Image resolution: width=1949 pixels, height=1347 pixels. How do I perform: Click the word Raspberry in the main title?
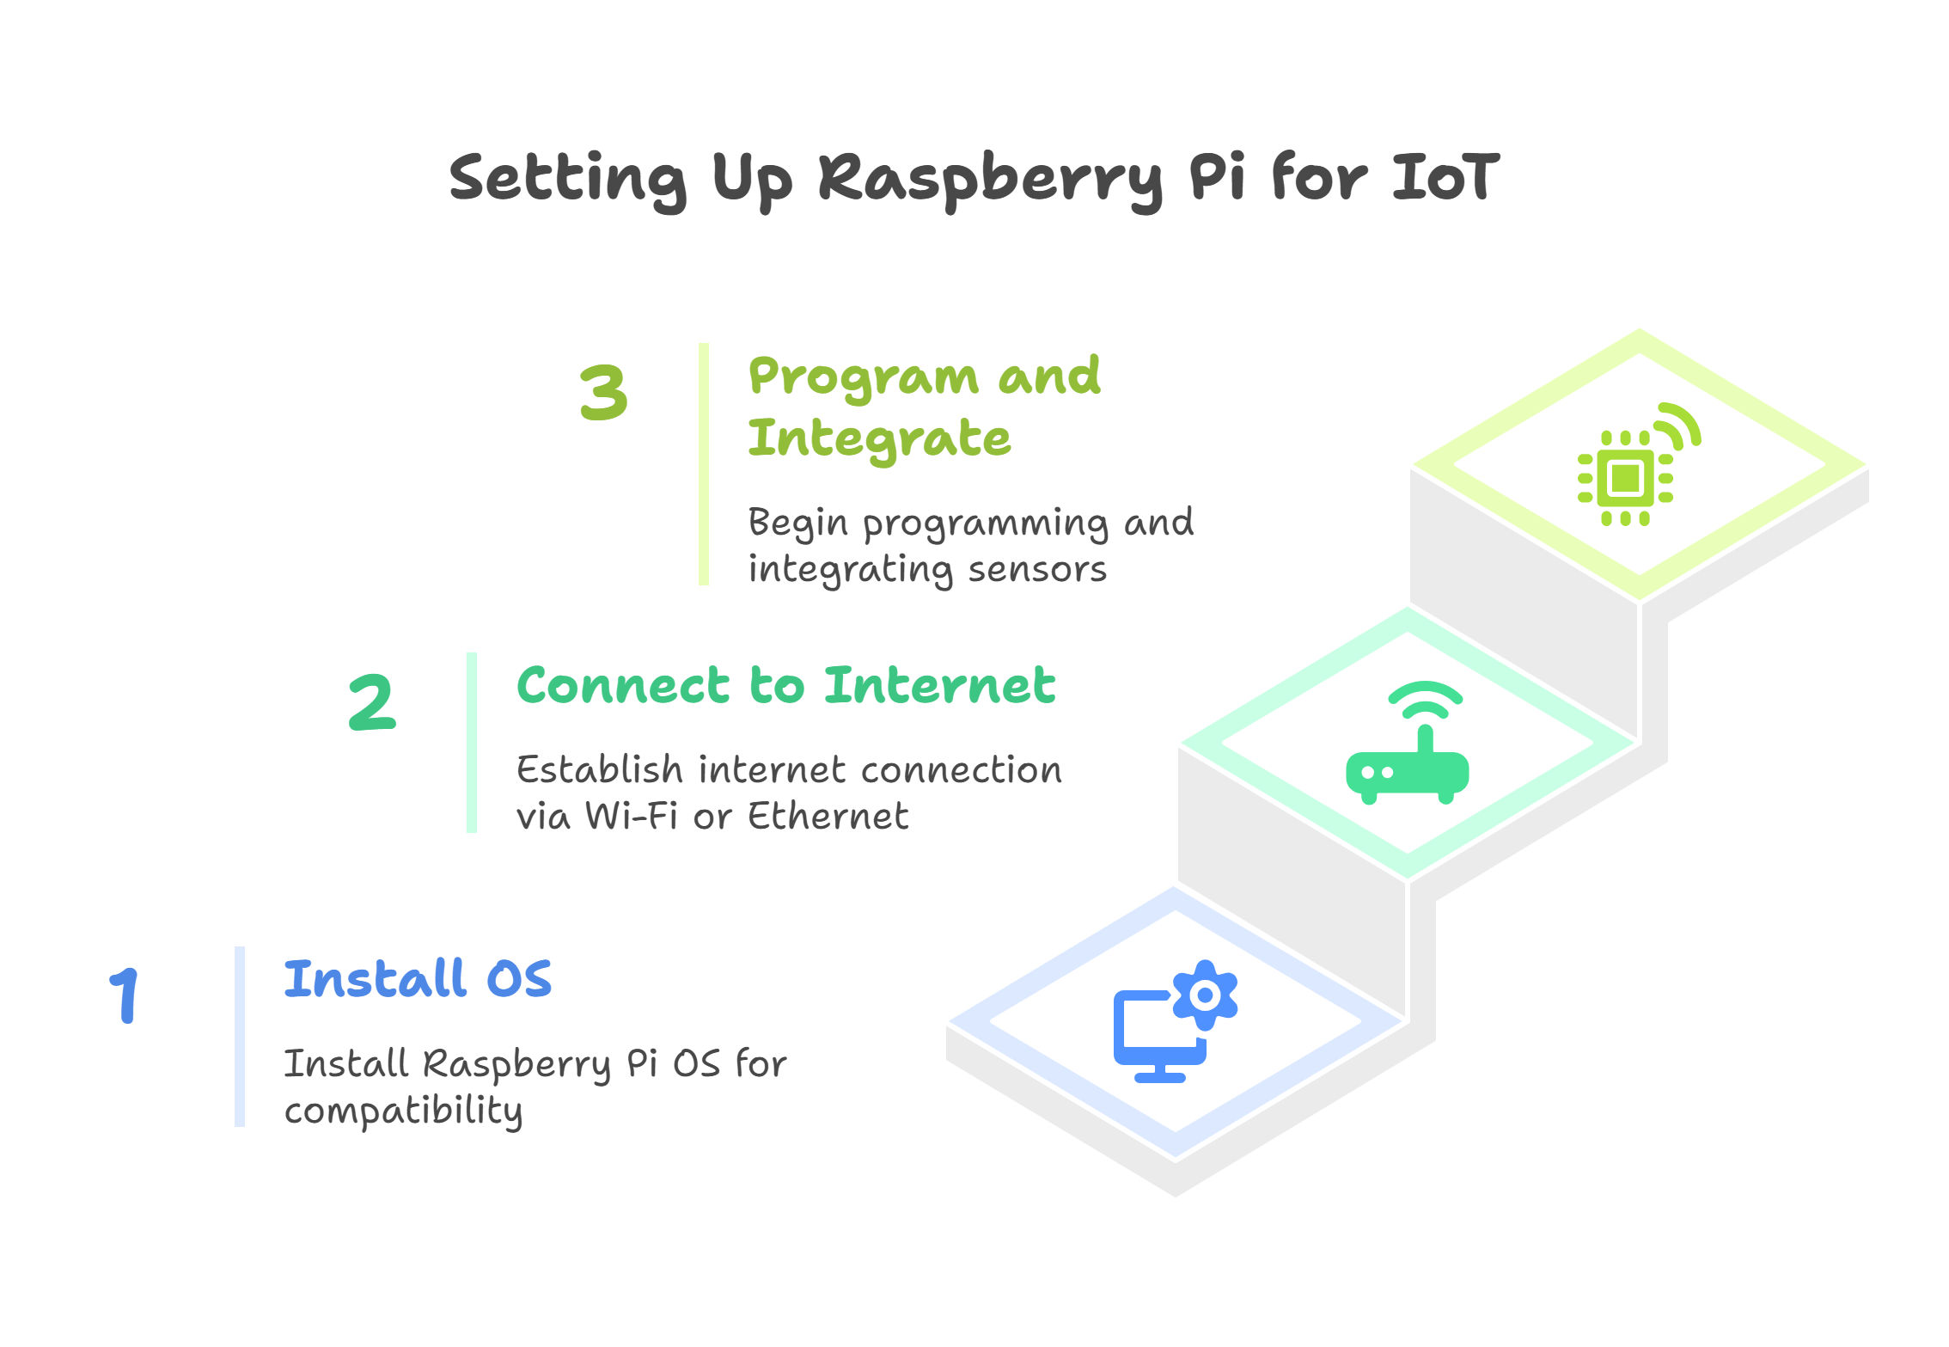pos(990,181)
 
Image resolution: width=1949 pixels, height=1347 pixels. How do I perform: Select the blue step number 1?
pos(125,995)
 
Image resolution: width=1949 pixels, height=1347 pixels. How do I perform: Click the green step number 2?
pos(372,702)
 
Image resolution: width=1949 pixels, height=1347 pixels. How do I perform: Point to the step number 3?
pos(603,392)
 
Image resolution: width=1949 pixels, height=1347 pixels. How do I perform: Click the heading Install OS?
pos(418,978)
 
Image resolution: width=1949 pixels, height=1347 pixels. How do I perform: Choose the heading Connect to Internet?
pos(785,685)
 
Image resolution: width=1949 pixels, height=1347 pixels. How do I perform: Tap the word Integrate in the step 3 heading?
pos(879,438)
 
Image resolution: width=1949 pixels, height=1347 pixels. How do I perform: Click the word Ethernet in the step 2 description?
pos(828,815)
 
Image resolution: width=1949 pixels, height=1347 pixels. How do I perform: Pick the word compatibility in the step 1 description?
pos(403,1111)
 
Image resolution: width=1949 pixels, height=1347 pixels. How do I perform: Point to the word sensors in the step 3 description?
pos(1037,569)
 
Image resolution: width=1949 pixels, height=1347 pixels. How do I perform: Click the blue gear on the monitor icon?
pos(1205,995)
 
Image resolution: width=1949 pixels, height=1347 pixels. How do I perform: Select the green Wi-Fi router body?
pos(1408,772)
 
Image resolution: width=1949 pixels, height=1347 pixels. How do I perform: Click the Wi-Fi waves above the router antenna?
pos(1425,699)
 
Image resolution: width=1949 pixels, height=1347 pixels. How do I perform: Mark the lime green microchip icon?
pos(1625,478)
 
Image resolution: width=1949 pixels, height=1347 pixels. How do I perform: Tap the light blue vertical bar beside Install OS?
pos(240,1036)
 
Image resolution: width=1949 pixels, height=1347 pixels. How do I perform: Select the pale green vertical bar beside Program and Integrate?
pos(704,464)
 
